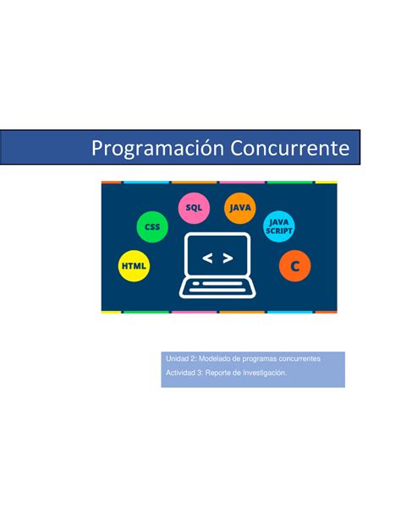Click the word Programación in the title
(x=158, y=149)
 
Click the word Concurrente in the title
(x=290, y=148)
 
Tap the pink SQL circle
(x=194, y=208)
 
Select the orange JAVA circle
(x=240, y=208)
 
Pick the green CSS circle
(x=152, y=227)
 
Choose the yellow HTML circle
(x=134, y=266)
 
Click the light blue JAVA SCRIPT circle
(x=279, y=226)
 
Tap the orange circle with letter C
(x=294, y=266)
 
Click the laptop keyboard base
(x=217, y=288)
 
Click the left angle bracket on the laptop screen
(x=207, y=258)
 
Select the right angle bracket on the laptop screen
(x=228, y=258)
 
